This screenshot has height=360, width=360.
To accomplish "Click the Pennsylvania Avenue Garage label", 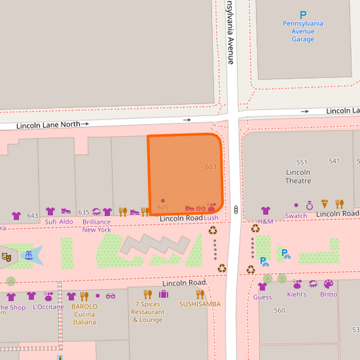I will coord(303,31).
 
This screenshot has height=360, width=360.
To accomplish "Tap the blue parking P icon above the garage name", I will coord(303,14).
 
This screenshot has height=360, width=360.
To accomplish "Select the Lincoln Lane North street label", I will coord(47,125).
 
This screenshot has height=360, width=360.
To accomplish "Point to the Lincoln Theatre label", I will coord(298,176).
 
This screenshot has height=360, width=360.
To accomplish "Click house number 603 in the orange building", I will coord(211,167).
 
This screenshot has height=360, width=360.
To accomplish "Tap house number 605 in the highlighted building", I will coord(163,207).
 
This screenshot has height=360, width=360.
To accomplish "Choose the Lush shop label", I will coord(211,218).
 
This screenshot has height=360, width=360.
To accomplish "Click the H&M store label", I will coord(265,222).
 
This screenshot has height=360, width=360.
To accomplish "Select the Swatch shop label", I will coord(296,216).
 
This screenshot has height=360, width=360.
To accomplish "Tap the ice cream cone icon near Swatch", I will coord(325,204).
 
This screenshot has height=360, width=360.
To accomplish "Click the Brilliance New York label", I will coord(97,226).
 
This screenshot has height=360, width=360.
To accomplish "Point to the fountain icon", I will coord(28,255).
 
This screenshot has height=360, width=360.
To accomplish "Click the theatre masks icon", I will coord(6,257).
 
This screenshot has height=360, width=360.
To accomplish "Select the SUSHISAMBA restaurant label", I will coord(200,304).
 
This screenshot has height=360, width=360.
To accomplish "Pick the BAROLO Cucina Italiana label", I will coord(84,313).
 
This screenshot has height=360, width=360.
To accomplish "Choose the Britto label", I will coord(328,294).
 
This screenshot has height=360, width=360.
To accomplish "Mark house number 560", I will coord(280,311).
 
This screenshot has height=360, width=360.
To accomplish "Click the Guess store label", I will coord(262,297).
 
